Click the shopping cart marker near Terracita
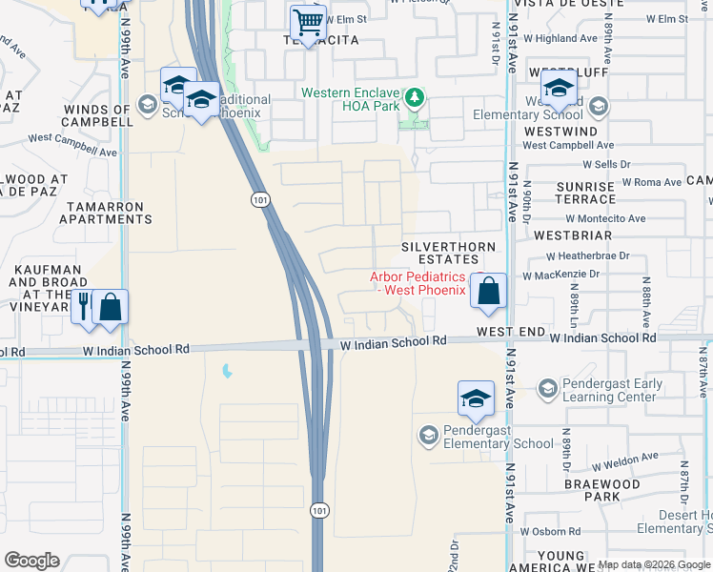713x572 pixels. click(x=308, y=21)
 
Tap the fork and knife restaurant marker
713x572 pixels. click(x=84, y=307)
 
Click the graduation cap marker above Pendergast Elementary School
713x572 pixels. click(x=476, y=398)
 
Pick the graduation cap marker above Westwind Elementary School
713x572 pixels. click(x=558, y=90)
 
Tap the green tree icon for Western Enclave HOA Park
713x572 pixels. click(x=415, y=97)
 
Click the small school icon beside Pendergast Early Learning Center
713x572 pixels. click(x=547, y=388)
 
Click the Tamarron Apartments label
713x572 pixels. click(x=106, y=213)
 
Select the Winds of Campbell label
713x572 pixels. click(x=97, y=115)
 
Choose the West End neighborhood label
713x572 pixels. click(x=511, y=332)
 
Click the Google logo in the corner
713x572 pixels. click(x=31, y=561)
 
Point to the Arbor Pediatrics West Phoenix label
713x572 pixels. click(x=418, y=283)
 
